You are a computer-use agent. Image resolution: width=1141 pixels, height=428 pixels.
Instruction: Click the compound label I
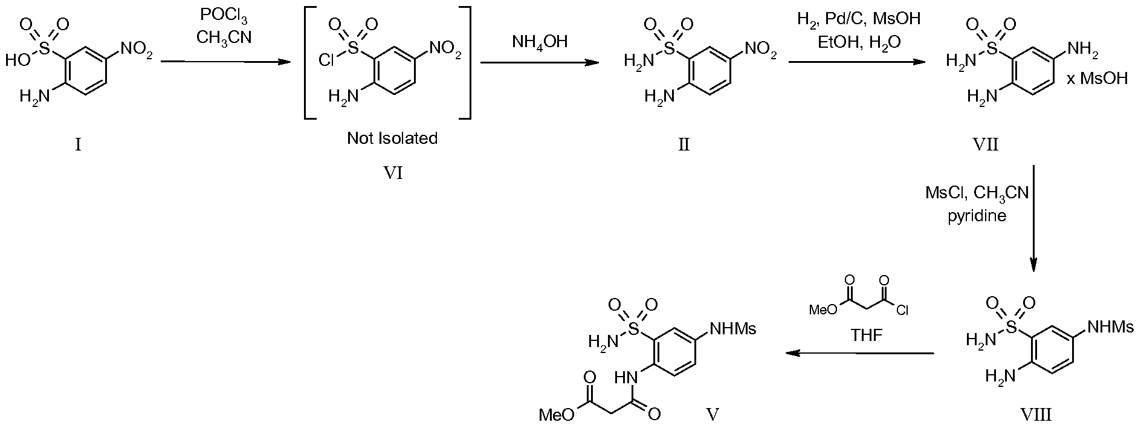point(78,145)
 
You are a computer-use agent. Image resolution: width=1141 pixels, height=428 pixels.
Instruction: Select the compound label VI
point(393,174)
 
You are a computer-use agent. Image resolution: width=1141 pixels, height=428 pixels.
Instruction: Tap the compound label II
point(684,145)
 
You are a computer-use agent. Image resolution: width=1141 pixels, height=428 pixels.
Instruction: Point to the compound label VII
point(986,145)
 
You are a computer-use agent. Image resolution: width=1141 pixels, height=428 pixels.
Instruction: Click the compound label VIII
point(1035,415)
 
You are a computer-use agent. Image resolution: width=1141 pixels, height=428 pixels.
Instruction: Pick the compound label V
point(713,414)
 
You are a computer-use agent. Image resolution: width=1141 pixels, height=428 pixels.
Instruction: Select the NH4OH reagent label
point(540,44)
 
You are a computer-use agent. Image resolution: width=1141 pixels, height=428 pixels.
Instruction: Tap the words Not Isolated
point(392,138)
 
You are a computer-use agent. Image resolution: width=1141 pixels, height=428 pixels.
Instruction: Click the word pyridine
point(977,216)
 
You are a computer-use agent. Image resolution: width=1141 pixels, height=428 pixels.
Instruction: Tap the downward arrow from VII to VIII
point(1033,219)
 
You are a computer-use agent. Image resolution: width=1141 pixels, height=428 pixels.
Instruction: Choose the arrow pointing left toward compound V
point(860,354)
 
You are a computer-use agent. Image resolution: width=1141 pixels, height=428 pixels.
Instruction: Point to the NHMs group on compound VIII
point(1111,327)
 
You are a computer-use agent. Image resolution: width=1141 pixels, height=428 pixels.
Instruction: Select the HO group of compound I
point(16,60)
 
